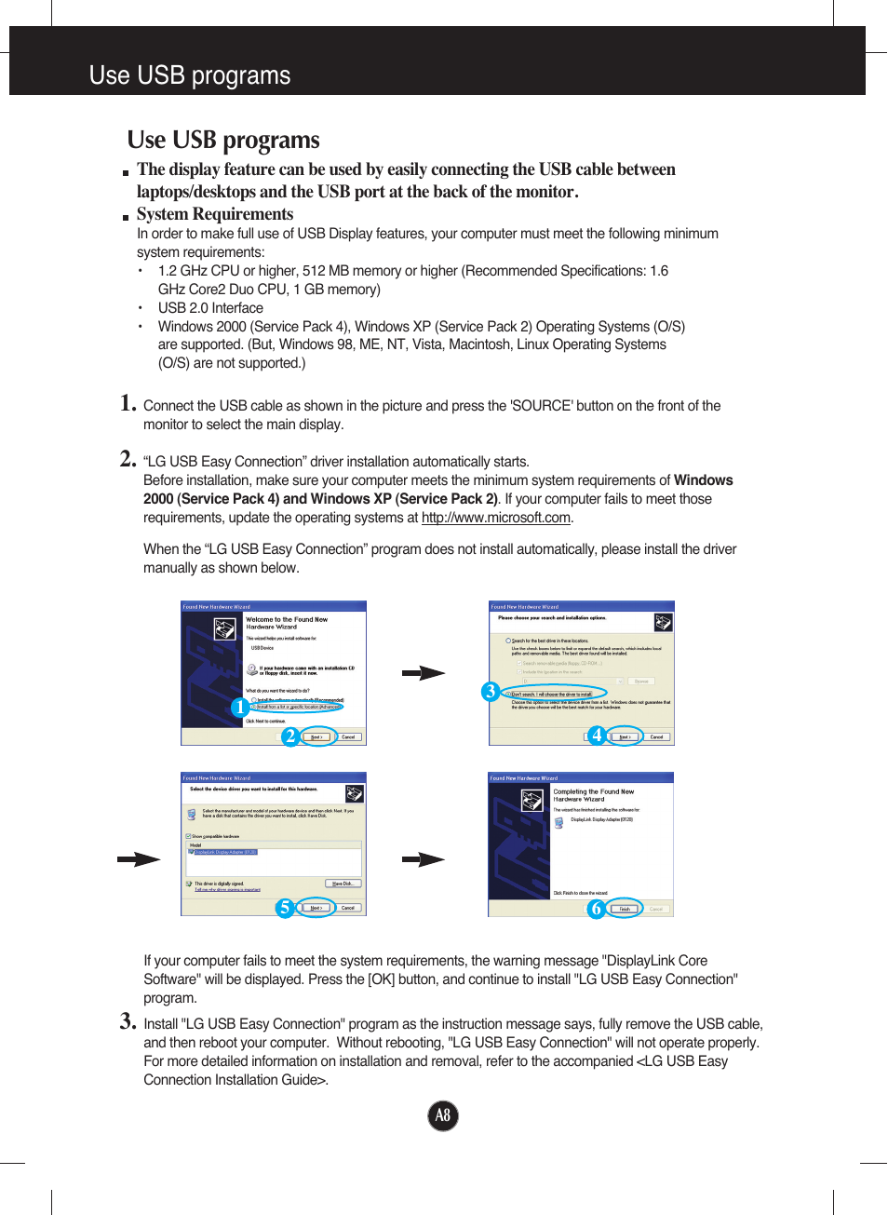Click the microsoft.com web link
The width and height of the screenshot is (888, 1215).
coord(495,518)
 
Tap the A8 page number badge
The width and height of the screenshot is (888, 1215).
coord(443,1115)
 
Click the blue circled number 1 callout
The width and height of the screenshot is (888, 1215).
coord(240,708)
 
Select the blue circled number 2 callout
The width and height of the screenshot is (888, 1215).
coord(290,736)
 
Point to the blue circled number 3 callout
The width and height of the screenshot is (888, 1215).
coord(491,692)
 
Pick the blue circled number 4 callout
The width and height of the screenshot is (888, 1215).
coord(597,736)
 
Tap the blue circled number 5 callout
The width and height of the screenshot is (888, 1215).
coord(285,908)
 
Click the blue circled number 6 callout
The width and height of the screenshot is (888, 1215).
coord(596,909)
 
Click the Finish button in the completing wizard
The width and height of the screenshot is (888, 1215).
coord(626,909)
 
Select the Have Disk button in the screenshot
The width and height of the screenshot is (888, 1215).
coord(343,884)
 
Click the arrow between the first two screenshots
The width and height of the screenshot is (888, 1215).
coord(424,673)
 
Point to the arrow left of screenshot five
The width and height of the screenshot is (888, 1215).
coord(139,859)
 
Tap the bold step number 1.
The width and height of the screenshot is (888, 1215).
coord(128,403)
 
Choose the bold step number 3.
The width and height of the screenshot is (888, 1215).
coord(128,1021)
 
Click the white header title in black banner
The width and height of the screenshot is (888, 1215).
coord(190,75)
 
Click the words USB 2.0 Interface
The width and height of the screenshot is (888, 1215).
coord(210,308)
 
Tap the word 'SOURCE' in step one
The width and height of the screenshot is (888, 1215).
coord(541,406)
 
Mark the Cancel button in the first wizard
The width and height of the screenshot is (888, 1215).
coord(348,736)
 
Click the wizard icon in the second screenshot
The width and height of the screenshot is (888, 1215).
coord(663,622)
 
